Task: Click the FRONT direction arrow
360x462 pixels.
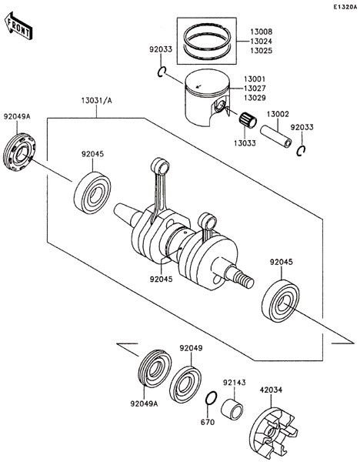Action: click(x=18, y=25)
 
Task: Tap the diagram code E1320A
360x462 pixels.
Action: click(x=345, y=7)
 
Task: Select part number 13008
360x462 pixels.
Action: click(x=261, y=32)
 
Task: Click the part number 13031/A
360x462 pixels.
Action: click(x=97, y=101)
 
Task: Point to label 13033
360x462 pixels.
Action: click(x=245, y=143)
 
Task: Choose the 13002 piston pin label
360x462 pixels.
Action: click(x=278, y=114)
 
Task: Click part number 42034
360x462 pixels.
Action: click(x=271, y=390)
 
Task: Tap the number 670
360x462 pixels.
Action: click(x=208, y=422)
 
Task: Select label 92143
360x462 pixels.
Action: click(x=235, y=383)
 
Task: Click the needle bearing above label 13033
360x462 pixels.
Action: click(x=248, y=121)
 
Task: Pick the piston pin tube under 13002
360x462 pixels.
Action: click(x=276, y=136)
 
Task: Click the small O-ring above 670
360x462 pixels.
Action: click(x=211, y=399)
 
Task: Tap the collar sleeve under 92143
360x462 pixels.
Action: click(x=232, y=410)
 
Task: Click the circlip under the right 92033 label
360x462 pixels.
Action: click(x=301, y=151)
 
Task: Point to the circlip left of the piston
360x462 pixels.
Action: click(x=162, y=72)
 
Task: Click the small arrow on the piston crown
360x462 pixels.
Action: click(x=198, y=86)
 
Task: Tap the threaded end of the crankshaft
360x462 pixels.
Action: click(x=244, y=280)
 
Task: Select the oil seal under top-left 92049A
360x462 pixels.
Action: click(x=19, y=152)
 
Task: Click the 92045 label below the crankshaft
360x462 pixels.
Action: click(x=161, y=279)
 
